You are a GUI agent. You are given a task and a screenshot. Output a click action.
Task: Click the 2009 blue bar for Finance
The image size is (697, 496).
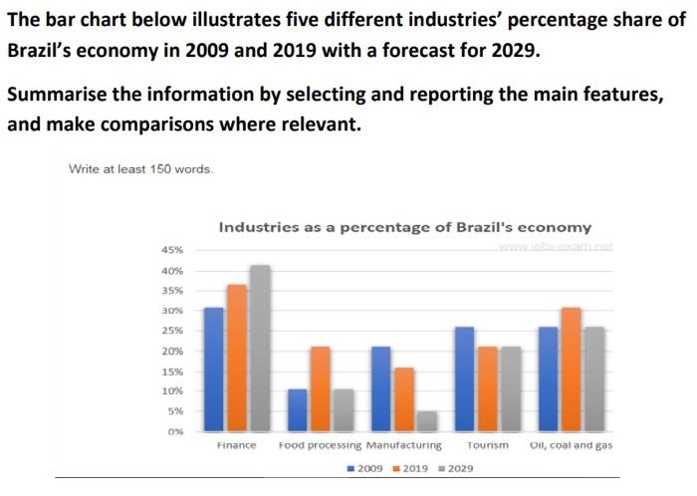pos(213,370)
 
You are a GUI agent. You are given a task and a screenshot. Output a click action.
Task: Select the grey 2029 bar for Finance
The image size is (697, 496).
pos(260,349)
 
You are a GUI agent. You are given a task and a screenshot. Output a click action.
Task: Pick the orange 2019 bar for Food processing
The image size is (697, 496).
pos(320,389)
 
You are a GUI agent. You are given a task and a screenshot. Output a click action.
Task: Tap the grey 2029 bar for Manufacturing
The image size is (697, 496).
pos(426,421)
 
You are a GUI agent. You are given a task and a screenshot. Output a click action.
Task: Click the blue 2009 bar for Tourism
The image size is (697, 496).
pos(464,379)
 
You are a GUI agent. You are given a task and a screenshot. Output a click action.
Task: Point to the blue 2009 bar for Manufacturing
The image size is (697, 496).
pos(380,389)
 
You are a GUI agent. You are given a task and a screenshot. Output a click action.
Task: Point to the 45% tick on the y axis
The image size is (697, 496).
pos(172,250)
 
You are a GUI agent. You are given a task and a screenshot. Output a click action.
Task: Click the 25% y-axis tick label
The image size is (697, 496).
pos(172,331)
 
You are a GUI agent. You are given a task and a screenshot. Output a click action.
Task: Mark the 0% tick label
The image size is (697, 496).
pos(175,431)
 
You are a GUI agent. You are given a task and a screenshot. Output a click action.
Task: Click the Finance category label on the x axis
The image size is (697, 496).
pos(236,445)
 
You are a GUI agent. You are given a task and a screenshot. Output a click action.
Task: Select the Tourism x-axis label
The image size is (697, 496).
pos(487,445)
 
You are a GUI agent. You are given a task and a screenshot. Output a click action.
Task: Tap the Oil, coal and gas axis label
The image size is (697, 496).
pos(571,445)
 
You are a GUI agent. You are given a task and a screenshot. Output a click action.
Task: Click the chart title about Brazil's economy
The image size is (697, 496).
pos(404,227)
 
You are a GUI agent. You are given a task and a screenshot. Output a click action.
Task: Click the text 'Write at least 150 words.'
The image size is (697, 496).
pos(140,168)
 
